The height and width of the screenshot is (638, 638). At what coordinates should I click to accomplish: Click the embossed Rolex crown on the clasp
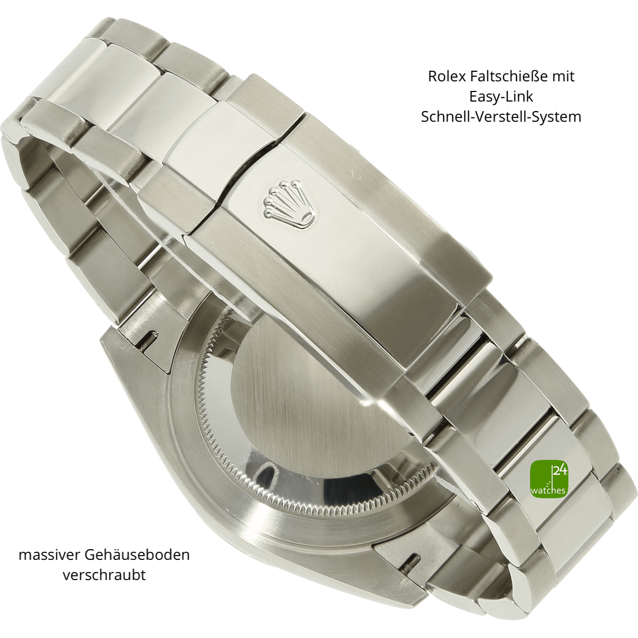click(289, 203)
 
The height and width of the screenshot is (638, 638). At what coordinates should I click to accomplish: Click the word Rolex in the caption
click(447, 76)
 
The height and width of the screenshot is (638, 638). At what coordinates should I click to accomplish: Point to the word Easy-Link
click(501, 96)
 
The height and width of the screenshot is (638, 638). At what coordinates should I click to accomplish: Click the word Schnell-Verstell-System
click(501, 117)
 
